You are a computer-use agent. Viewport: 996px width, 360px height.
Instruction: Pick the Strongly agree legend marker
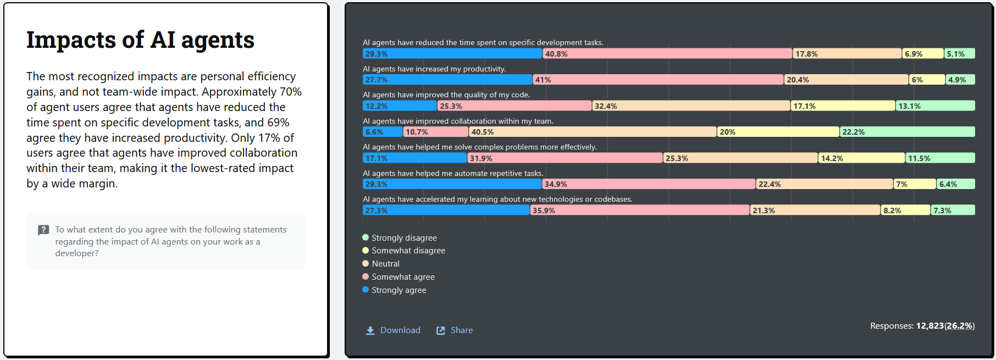(366, 290)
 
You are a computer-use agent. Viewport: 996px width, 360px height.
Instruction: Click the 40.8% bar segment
(667, 54)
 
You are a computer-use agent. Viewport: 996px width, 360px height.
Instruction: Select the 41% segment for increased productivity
(658, 80)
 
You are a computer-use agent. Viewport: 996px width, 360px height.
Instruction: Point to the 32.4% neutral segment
(691, 106)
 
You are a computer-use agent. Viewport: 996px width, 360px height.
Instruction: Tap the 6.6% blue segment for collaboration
(383, 132)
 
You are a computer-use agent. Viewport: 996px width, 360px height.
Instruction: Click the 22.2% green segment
(907, 132)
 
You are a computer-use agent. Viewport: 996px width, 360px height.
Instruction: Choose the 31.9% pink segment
(565, 158)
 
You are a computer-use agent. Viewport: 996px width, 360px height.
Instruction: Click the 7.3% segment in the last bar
(953, 211)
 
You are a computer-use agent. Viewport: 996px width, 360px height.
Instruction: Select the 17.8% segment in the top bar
(847, 54)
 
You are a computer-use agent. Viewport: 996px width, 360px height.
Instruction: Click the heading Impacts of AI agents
(140, 40)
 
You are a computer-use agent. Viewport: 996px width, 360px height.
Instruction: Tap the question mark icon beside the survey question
(43, 230)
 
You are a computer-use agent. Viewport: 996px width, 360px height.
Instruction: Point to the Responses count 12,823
(929, 326)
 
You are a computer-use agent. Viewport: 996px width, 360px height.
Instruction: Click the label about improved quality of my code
(446, 95)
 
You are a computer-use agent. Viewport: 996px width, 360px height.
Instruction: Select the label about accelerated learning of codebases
(497, 199)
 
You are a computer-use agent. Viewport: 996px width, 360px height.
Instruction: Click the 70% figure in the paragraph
(290, 92)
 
